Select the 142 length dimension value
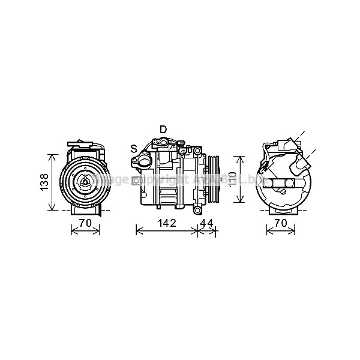166,223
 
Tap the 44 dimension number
206,223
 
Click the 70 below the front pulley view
86,223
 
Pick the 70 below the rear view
280,223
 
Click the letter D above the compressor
163,130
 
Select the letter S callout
134,148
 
